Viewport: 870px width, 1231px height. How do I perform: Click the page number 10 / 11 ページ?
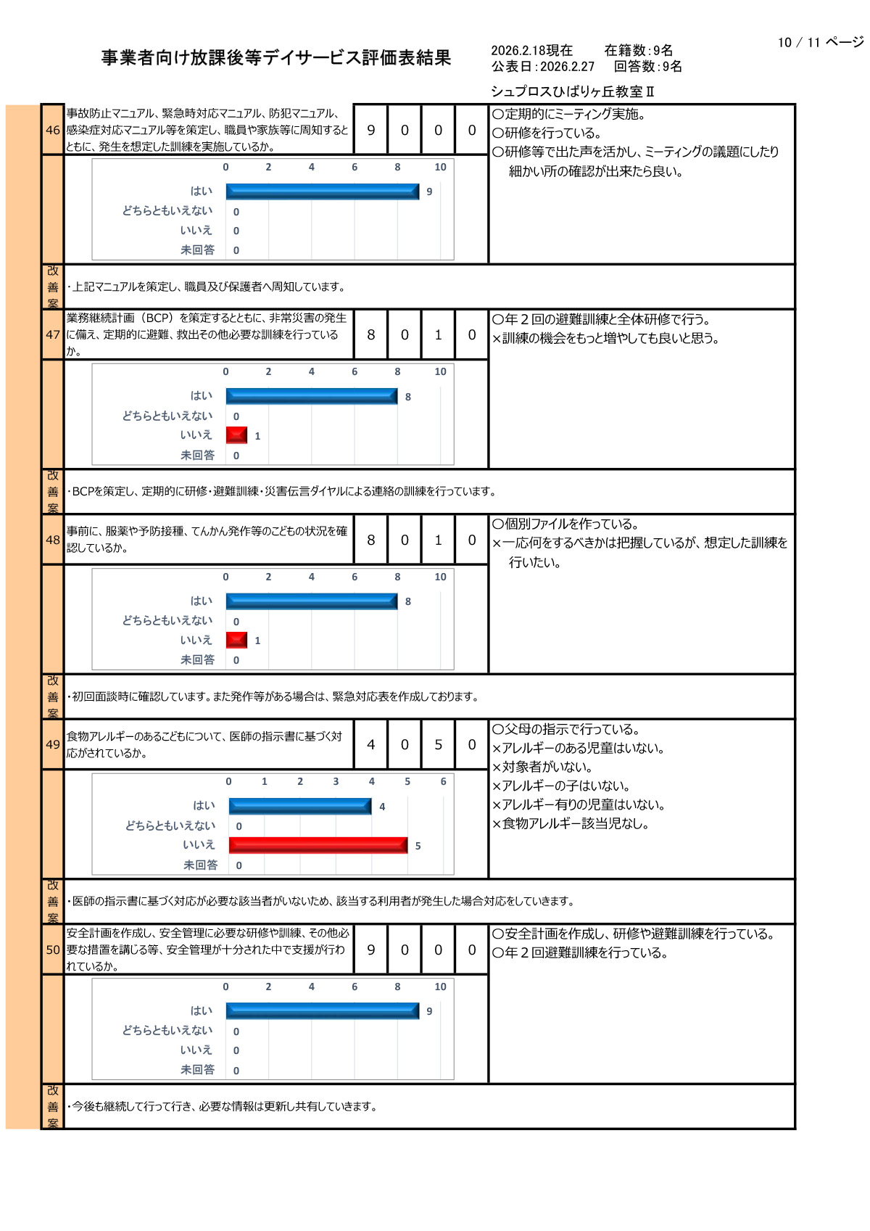820,42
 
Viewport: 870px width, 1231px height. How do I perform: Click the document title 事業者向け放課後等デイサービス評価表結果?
276,58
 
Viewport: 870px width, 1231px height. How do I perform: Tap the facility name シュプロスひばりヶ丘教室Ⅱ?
572,91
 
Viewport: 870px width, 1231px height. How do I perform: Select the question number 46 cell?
53,130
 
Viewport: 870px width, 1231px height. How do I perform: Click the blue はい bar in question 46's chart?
322,192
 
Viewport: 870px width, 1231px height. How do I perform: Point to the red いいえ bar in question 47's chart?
236,435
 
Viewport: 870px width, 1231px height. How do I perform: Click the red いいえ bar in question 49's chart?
318,845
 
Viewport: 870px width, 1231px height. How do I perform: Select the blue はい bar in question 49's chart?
299,806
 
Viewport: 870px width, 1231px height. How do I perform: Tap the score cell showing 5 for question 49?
438,744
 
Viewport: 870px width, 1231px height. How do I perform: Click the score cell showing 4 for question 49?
371,744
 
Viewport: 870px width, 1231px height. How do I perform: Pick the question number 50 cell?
53,950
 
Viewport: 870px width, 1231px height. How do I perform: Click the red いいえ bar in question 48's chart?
236,640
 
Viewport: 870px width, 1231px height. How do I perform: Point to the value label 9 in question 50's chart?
429,1011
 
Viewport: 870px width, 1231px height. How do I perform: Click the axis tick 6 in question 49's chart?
443,781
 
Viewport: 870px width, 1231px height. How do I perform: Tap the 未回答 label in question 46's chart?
197,250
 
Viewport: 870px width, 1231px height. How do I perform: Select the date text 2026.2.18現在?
531,50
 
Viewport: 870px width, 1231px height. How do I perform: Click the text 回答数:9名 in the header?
647,67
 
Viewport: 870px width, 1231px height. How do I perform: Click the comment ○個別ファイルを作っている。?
565,524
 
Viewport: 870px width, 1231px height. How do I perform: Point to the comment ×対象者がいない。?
542,767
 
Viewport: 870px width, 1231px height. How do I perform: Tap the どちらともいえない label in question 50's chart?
167,1030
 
